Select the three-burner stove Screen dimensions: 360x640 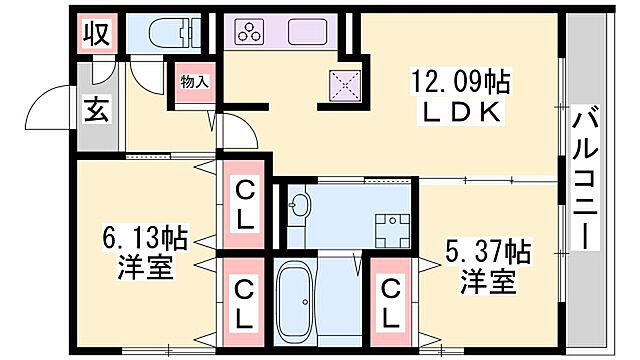pyautogui.click(x=248, y=33)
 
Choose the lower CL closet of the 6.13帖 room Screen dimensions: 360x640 pyautogui.click(x=243, y=302)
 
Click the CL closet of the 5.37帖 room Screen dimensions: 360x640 pyautogui.click(x=392, y=302)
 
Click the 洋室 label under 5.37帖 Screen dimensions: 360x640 pyautogui.click(x=489, y=282)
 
